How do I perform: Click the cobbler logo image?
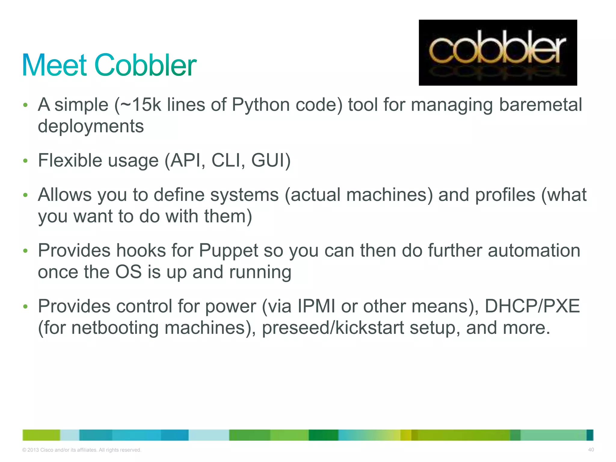click(497, 53)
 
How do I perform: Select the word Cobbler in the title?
click(146, 65)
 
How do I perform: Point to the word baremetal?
click(541, 105)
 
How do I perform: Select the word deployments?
click(91, 126)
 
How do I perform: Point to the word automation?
click(534, 251)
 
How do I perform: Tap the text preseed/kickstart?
click(333, 328)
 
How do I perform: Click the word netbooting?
click(115, 328)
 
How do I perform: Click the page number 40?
click(591, 450)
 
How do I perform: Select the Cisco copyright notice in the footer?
click(82, 450)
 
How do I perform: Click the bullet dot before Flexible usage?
click(26, 161)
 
